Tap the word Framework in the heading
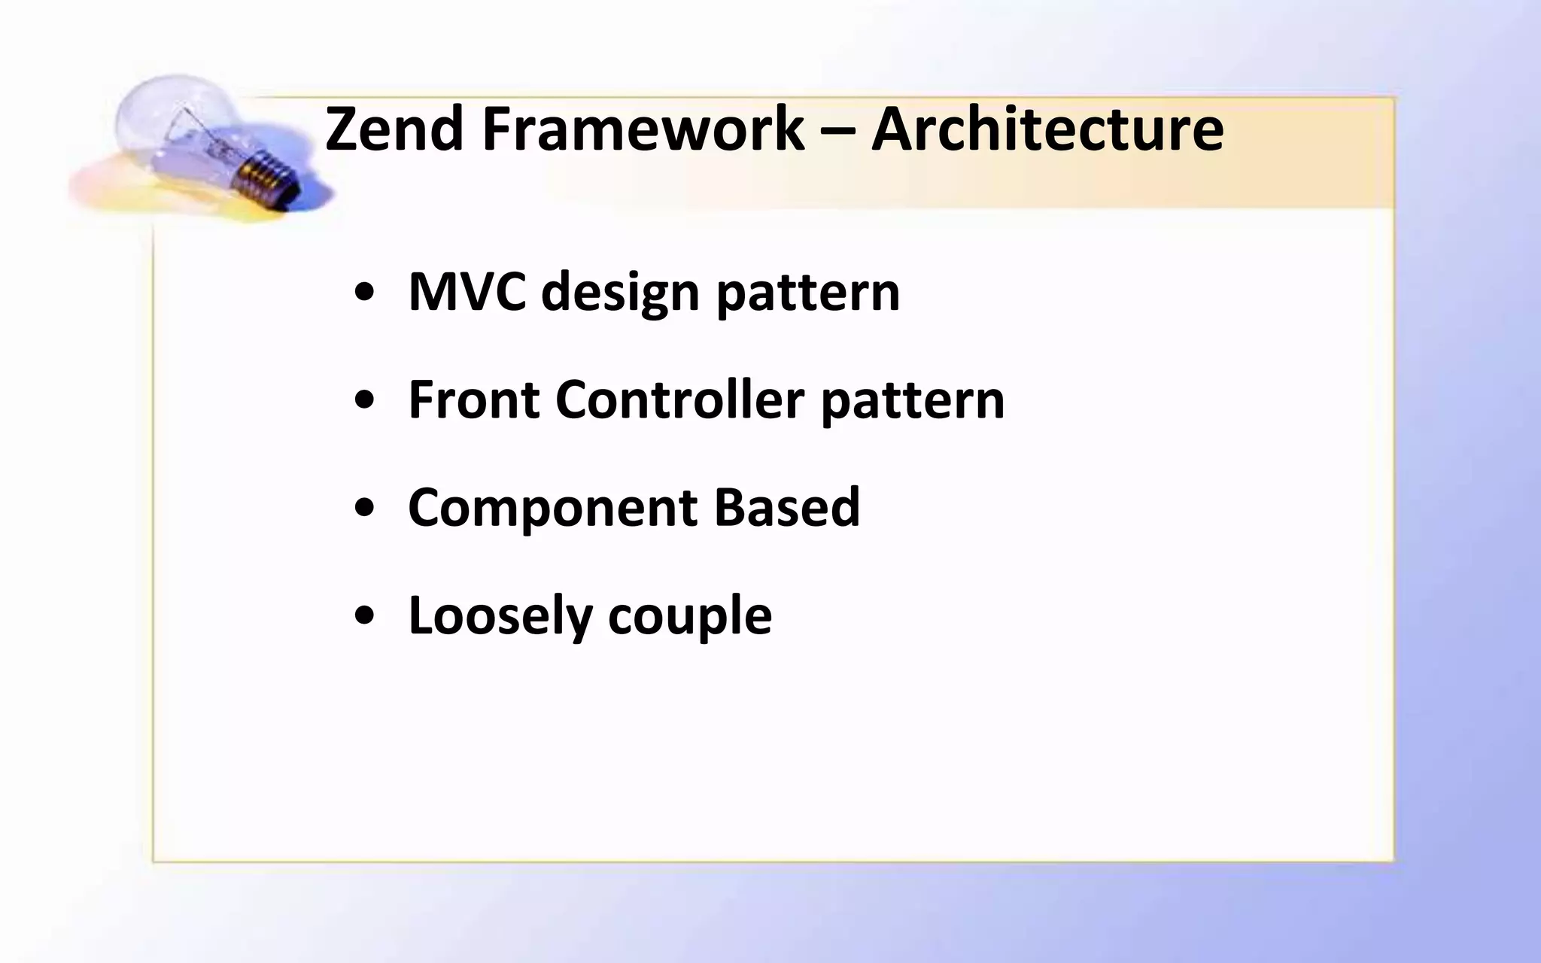pos(643,129)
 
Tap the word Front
pos(473,399)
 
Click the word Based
pos(786,507)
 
